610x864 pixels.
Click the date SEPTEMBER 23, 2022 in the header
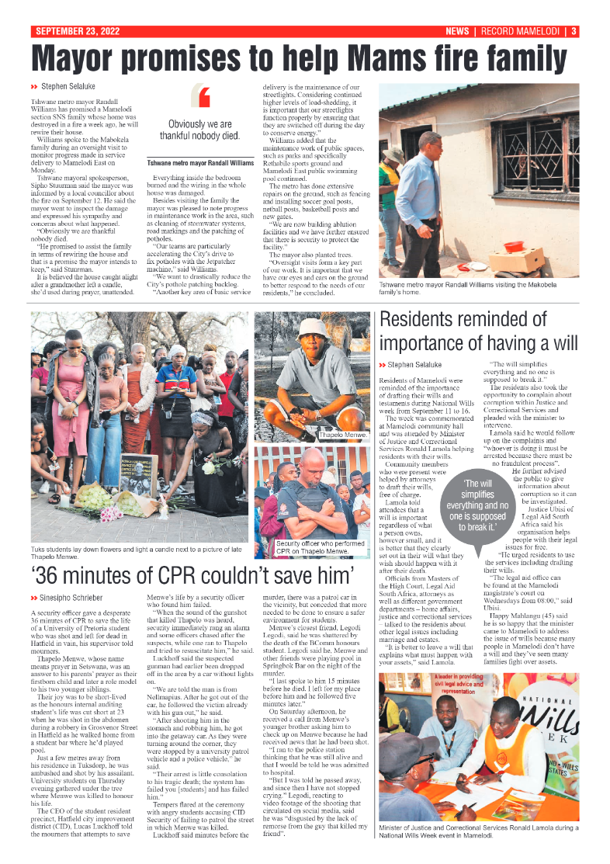coord(75,32)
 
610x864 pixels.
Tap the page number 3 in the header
coord(574,32)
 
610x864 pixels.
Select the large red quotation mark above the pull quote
coord(205,97)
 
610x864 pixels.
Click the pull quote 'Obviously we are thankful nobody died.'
coord(200,130)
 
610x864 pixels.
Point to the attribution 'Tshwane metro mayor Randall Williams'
coord(200,163)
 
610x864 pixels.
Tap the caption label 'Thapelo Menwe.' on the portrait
coord(342,435)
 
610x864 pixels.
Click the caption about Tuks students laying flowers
coord(132,553)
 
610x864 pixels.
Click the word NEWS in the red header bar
coord(457,32)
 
